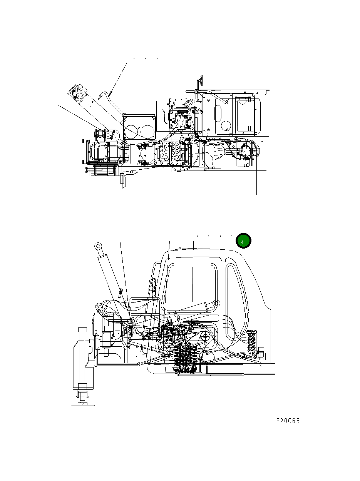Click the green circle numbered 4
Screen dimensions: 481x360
coord(243,241)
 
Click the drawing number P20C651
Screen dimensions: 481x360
coord(290,421)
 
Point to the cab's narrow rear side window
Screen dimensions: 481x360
coord(236,296)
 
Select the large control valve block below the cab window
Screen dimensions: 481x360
coord(187,358)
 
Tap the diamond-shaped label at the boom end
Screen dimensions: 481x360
coord(77,92)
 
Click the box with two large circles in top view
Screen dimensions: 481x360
coord(139,127)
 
